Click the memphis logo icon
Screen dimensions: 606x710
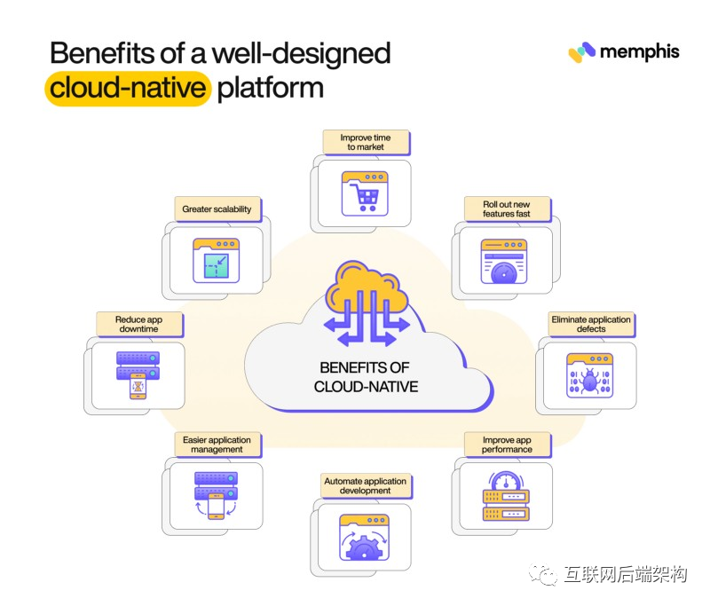581,51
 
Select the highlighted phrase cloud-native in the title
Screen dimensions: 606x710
128,90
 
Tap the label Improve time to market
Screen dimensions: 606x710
365,142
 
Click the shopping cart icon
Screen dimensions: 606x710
366,193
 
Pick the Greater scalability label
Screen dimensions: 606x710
217,209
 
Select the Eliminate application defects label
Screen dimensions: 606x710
591,324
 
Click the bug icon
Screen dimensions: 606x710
589,381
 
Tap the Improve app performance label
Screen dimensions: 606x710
508,445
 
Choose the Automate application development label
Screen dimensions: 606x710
365,485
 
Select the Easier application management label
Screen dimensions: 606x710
217,445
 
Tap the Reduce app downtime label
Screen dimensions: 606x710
138,324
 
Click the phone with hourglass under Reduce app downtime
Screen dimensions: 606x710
138,387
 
